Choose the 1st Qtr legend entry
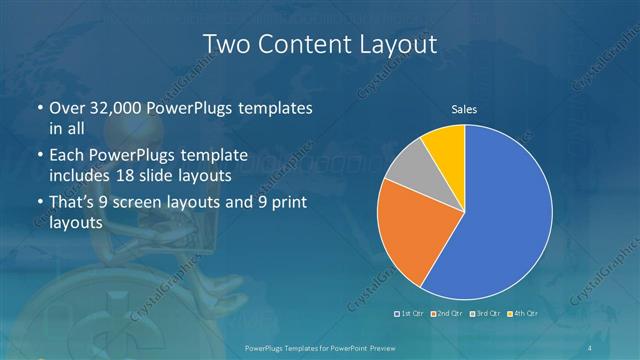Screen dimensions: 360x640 tap(411, 314)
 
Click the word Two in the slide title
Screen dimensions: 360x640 tap(225, 44)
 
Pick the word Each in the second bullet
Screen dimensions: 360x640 tap(66, 155)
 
